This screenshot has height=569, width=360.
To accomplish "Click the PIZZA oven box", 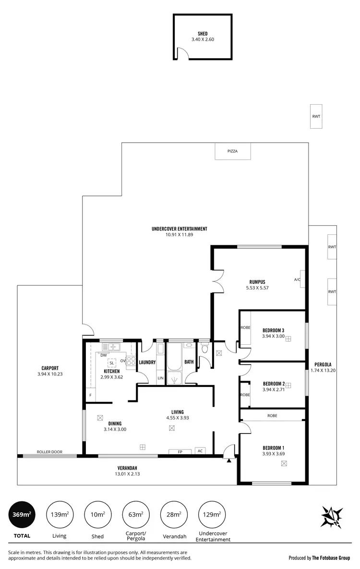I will (x=232, y=151).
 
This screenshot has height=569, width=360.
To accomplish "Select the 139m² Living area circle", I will (x=59, y=514).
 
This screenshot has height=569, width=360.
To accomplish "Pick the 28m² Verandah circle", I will (x=174, y=514).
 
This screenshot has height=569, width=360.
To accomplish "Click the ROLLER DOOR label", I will (x=50, y=452).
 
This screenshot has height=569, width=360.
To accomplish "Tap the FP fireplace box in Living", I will (x=180, y=451).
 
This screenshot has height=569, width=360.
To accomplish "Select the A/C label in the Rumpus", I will (x=297, y=280).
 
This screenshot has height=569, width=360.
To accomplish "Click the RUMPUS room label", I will (x=257, y=282).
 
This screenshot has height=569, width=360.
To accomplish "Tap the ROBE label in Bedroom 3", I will (x=245, y=328).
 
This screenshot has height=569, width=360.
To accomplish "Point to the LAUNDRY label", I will (x=147, y=363).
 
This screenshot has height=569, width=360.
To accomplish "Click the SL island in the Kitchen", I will (x=112, y=363).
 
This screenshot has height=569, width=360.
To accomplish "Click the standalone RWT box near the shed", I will (x=316, y=116).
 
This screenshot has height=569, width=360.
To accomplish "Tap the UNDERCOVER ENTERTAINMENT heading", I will (x=179, y=229).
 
